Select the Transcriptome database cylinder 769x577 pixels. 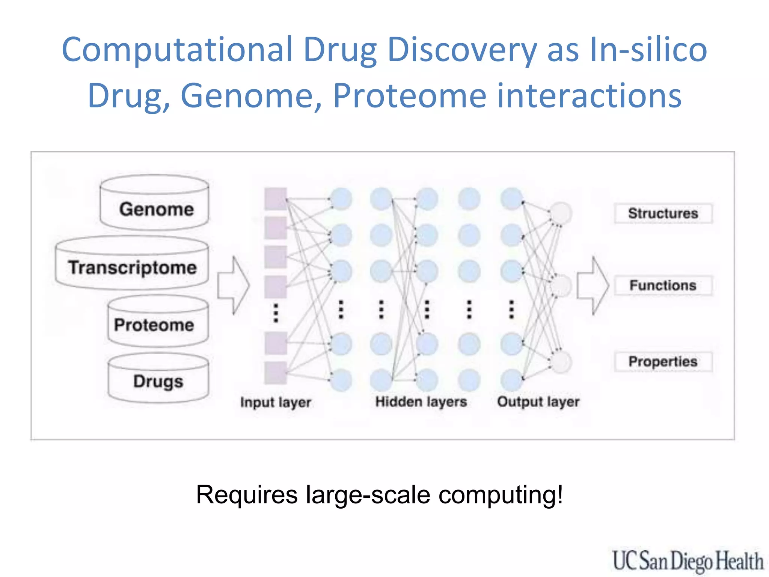[132, 264]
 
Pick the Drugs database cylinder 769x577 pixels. [158, 379]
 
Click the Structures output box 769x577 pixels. [663, 213]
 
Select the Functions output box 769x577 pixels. [663, 285]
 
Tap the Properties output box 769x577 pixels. [663, 361]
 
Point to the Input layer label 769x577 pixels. [276, 402]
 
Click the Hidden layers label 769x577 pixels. [421, 402]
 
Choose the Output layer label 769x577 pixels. [538, 402]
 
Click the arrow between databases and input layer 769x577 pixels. [233, 285]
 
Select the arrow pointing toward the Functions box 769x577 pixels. [593, 285]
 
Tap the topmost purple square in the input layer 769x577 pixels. [276, 199]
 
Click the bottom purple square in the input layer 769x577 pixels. [276, 373]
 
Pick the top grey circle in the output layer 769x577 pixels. [561, 213]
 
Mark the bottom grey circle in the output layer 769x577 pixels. [561, 362]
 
